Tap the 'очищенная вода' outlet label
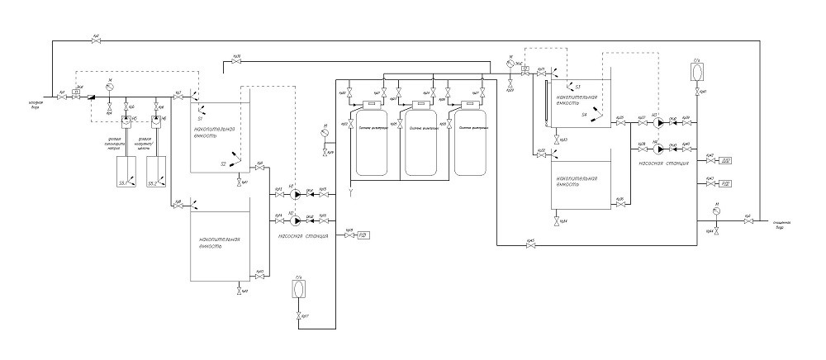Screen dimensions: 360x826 tap(784, 225)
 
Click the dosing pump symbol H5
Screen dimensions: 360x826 tap(126, 121)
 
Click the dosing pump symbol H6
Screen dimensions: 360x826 tap(154, 121)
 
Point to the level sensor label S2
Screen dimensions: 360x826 tap(223, 163)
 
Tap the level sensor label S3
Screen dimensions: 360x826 tap(578, 86)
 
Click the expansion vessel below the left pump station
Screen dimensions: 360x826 tap(298, 291)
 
